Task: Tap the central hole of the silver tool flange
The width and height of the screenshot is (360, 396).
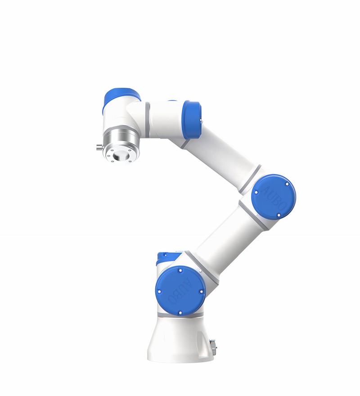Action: (120, 155)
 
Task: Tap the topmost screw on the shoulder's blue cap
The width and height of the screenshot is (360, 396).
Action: (180, 271)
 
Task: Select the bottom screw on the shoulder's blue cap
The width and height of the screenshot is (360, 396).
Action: (179, 312)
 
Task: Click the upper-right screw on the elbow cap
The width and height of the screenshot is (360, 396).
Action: (287, 184)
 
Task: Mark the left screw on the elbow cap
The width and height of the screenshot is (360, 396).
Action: (256, 192)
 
